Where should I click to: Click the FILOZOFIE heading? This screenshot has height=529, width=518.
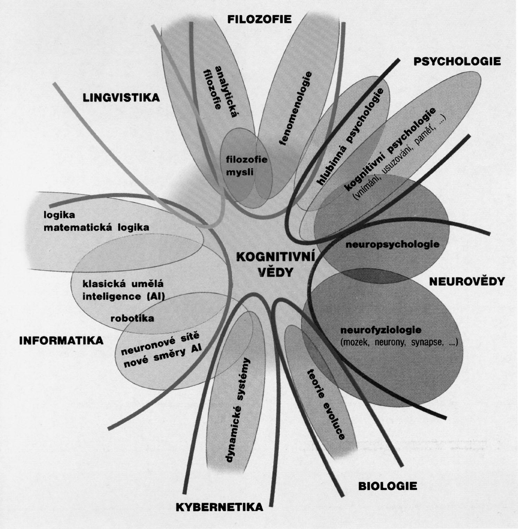259,19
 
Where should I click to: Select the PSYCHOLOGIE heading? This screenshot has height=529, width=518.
457,62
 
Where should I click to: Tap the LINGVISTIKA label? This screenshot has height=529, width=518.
121,97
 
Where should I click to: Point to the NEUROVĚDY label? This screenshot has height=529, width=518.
466,281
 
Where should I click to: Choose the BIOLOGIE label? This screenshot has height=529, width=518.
387,486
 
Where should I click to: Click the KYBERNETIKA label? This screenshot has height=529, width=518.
219,507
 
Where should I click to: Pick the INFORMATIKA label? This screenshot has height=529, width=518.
61,340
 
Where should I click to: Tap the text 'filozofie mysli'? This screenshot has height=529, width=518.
246,166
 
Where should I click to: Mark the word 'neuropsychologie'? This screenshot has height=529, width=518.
392,244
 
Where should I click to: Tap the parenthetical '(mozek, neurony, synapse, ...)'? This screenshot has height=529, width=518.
399,342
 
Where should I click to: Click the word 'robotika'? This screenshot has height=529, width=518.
132,318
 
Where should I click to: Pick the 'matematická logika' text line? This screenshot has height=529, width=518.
96,228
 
